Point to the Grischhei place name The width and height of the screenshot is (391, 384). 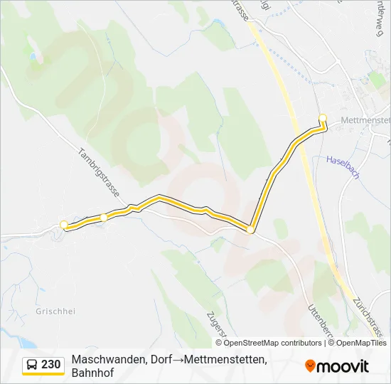tap(55, 311)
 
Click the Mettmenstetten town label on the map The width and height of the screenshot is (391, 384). tap(365, 120)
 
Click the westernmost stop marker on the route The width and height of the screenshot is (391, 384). tap(65, 225)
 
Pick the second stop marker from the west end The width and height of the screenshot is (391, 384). tap(104, 218)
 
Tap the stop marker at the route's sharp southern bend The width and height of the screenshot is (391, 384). tap(251, 229)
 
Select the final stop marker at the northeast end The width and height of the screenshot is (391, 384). tap(323, 118)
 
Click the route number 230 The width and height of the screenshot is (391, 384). tap(51, 365)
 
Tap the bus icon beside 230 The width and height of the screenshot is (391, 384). tap(32, 365)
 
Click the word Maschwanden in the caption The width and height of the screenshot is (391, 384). tap(107, 360)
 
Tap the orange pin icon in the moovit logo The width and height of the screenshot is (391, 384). tap(310, 366)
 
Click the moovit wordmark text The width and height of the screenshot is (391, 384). tap(343, 366)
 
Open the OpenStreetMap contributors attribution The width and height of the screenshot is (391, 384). tap(273, 343)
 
